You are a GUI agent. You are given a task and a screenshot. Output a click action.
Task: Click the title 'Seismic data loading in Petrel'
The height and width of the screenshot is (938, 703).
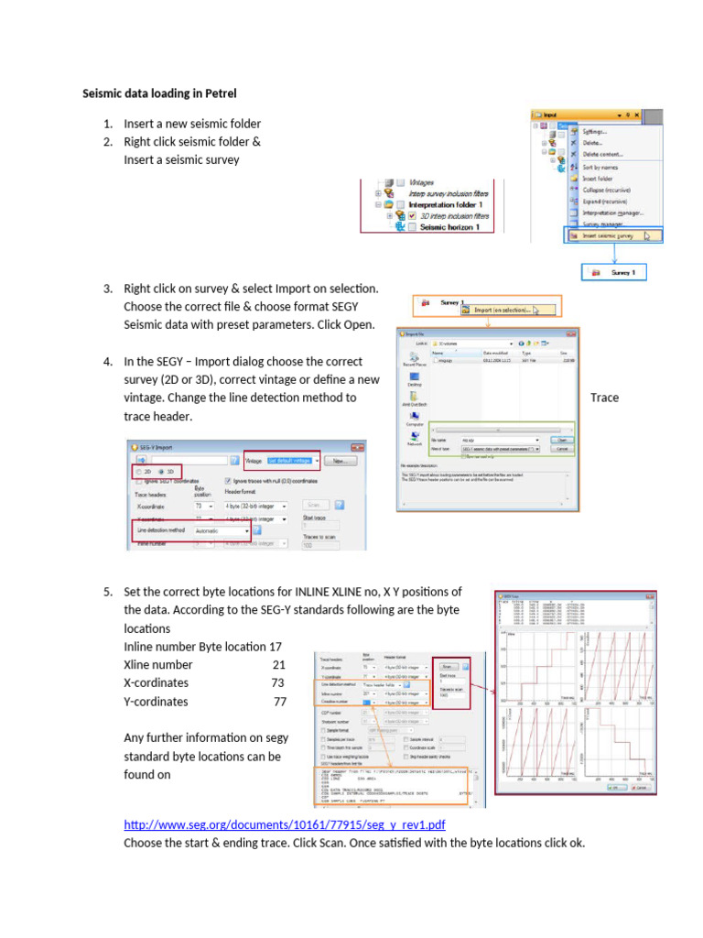point(160,93)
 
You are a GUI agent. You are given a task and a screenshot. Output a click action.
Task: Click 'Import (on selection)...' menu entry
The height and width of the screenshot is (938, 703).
point(506,311)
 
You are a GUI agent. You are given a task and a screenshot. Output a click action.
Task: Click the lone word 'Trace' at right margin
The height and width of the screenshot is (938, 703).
point(604,398)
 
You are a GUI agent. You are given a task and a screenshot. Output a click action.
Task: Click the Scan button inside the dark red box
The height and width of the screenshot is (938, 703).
point(448,666)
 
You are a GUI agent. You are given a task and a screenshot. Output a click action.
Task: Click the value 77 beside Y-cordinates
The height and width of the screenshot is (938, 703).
point(279,702)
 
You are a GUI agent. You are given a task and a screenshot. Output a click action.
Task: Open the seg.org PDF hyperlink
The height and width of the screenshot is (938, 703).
point(284,825)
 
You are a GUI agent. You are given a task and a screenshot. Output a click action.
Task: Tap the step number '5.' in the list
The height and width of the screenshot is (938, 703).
point(108,591)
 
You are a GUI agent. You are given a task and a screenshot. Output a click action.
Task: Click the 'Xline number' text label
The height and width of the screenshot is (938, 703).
point(158,664)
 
